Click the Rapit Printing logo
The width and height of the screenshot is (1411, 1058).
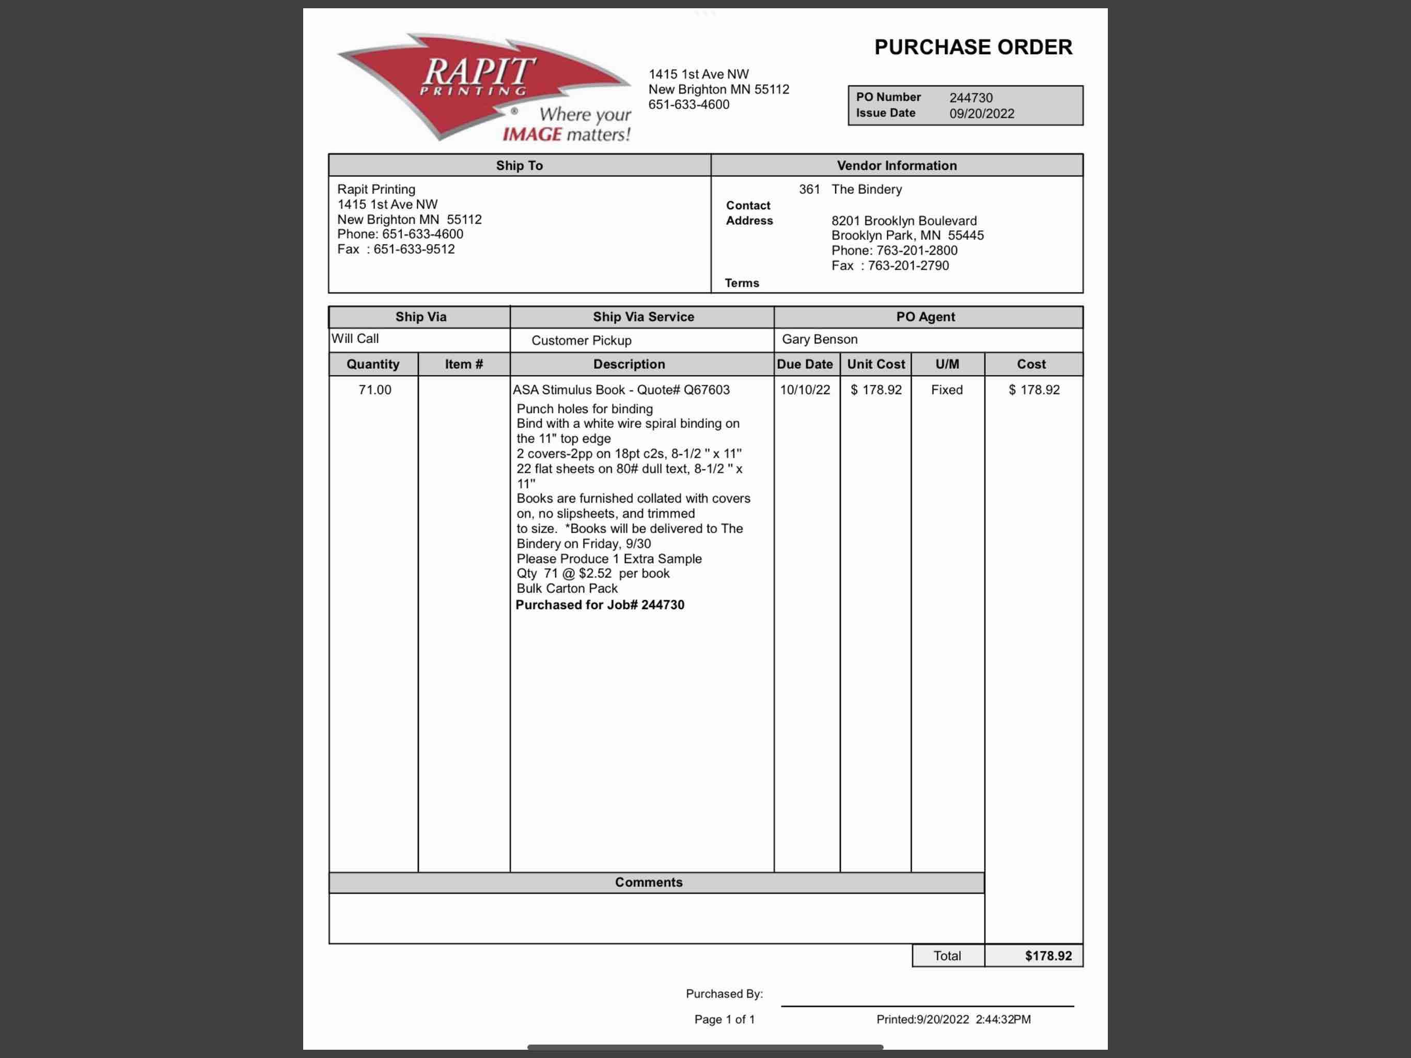click(483, 87)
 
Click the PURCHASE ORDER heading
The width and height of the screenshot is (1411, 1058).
click(973, 47)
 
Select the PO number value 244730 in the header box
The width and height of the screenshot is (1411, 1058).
click(970, 98)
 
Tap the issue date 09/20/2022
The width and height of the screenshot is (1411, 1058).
click(981, 114)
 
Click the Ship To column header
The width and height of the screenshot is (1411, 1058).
click(519, 165)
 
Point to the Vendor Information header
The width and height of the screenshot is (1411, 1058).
click(896, 165)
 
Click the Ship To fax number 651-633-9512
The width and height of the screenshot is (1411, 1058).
click(414, 250)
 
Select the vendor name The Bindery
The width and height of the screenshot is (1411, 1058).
click(866, 190)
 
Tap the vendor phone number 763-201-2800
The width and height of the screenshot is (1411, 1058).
click(917, 251)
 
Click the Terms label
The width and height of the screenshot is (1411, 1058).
click(741, 283)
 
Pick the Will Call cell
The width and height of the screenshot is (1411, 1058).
click(355, 339)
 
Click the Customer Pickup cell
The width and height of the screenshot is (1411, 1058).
click(581, 340)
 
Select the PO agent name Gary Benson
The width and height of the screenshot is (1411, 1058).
click(819, 339)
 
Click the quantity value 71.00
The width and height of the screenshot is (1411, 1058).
click(374, 390)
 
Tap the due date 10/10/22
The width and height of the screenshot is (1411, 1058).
click(804, 390)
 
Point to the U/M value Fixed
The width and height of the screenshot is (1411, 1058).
click(946, 390)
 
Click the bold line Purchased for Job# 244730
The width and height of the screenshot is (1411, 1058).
click(600, 605)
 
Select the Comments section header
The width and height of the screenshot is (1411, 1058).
click(648, 882)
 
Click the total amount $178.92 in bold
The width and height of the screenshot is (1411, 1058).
click(1048, 955)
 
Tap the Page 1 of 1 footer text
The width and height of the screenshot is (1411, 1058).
click(724, 1019)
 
